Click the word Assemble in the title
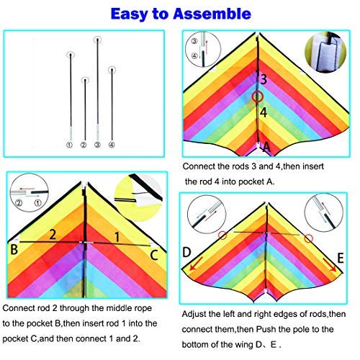[x=212, y=14]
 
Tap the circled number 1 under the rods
[x=69, y=145]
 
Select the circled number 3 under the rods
[x=97, y=145]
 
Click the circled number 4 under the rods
[x=112, y=145]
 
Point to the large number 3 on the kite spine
[x=264, y=79]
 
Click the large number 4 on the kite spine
[x=264, y=112]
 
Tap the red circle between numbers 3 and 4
[x=258, y=96]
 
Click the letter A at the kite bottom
[x=266, y=147]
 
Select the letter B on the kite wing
[x=14, y=249]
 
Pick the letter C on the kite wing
[x=154, y=255]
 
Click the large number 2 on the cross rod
[x=53, y=235]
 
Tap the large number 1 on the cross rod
[x=117, y=237]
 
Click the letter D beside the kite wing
[x=186, y=252]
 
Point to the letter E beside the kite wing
[x=341, y=258]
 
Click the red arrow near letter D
[x=196, y=264]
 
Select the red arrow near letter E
[x=330, y=265]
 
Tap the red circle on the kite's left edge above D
[x=222, y=235]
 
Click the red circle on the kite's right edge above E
[x=309, y=238]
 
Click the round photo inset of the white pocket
[x=325, y=52]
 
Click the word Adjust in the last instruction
[x=194, y=314]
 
